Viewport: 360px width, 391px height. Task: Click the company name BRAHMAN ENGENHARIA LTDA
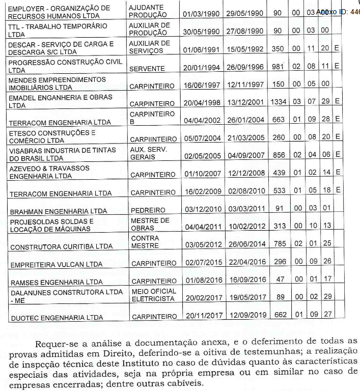[59, 211]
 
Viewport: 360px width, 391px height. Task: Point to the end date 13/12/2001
[245, 102]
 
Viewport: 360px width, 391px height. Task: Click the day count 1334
[278, 102]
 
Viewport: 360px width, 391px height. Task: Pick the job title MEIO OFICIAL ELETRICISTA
[153, 295]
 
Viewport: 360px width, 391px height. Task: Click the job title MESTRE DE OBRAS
[150, 224]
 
